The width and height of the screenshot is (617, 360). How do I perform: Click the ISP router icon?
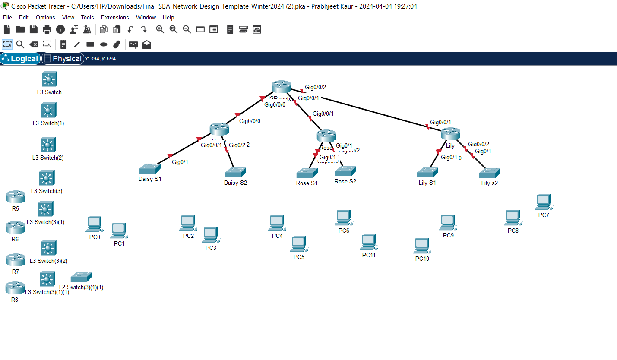[x=282, y=87]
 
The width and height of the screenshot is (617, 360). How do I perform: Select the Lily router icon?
[x=450, y=134]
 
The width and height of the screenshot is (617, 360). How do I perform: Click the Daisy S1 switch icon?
[x=150, y=168]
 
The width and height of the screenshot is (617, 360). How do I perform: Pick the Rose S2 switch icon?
[x=345, y=171]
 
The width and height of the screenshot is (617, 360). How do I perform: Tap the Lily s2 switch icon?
[x=489, y=173]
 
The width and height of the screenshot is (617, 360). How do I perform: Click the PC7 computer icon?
[x=543, y=202]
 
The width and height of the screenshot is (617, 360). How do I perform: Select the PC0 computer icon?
[x=94, y=224]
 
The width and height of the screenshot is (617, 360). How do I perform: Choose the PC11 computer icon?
[x=368, y=242]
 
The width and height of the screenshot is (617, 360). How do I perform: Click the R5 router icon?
[x=16, y=197]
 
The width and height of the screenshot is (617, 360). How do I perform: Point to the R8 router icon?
[x=15, y=288]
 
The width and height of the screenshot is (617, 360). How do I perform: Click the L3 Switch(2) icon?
[x=48, y=145]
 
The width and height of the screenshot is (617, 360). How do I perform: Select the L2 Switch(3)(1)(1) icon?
[x=81, y=277]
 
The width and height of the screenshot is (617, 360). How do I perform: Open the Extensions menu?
[x=115, y=17]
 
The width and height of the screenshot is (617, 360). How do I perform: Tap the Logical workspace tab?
[x=20, y=59]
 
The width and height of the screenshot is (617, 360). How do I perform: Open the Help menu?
[x=168, y=17]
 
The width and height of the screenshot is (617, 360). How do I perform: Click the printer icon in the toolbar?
[x=47, y=29]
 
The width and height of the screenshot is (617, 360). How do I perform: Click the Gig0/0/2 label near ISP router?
[x=315, y=87]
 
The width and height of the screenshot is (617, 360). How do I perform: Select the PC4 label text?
[x=277, y=236]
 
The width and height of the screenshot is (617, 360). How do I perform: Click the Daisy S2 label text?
[x=235, y=183]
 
